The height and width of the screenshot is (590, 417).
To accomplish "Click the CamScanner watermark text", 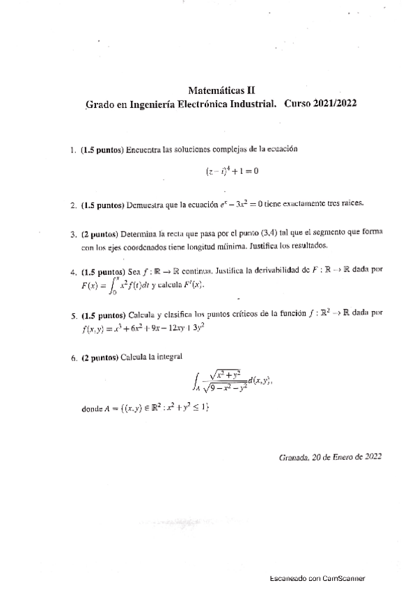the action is coord(317,578).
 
